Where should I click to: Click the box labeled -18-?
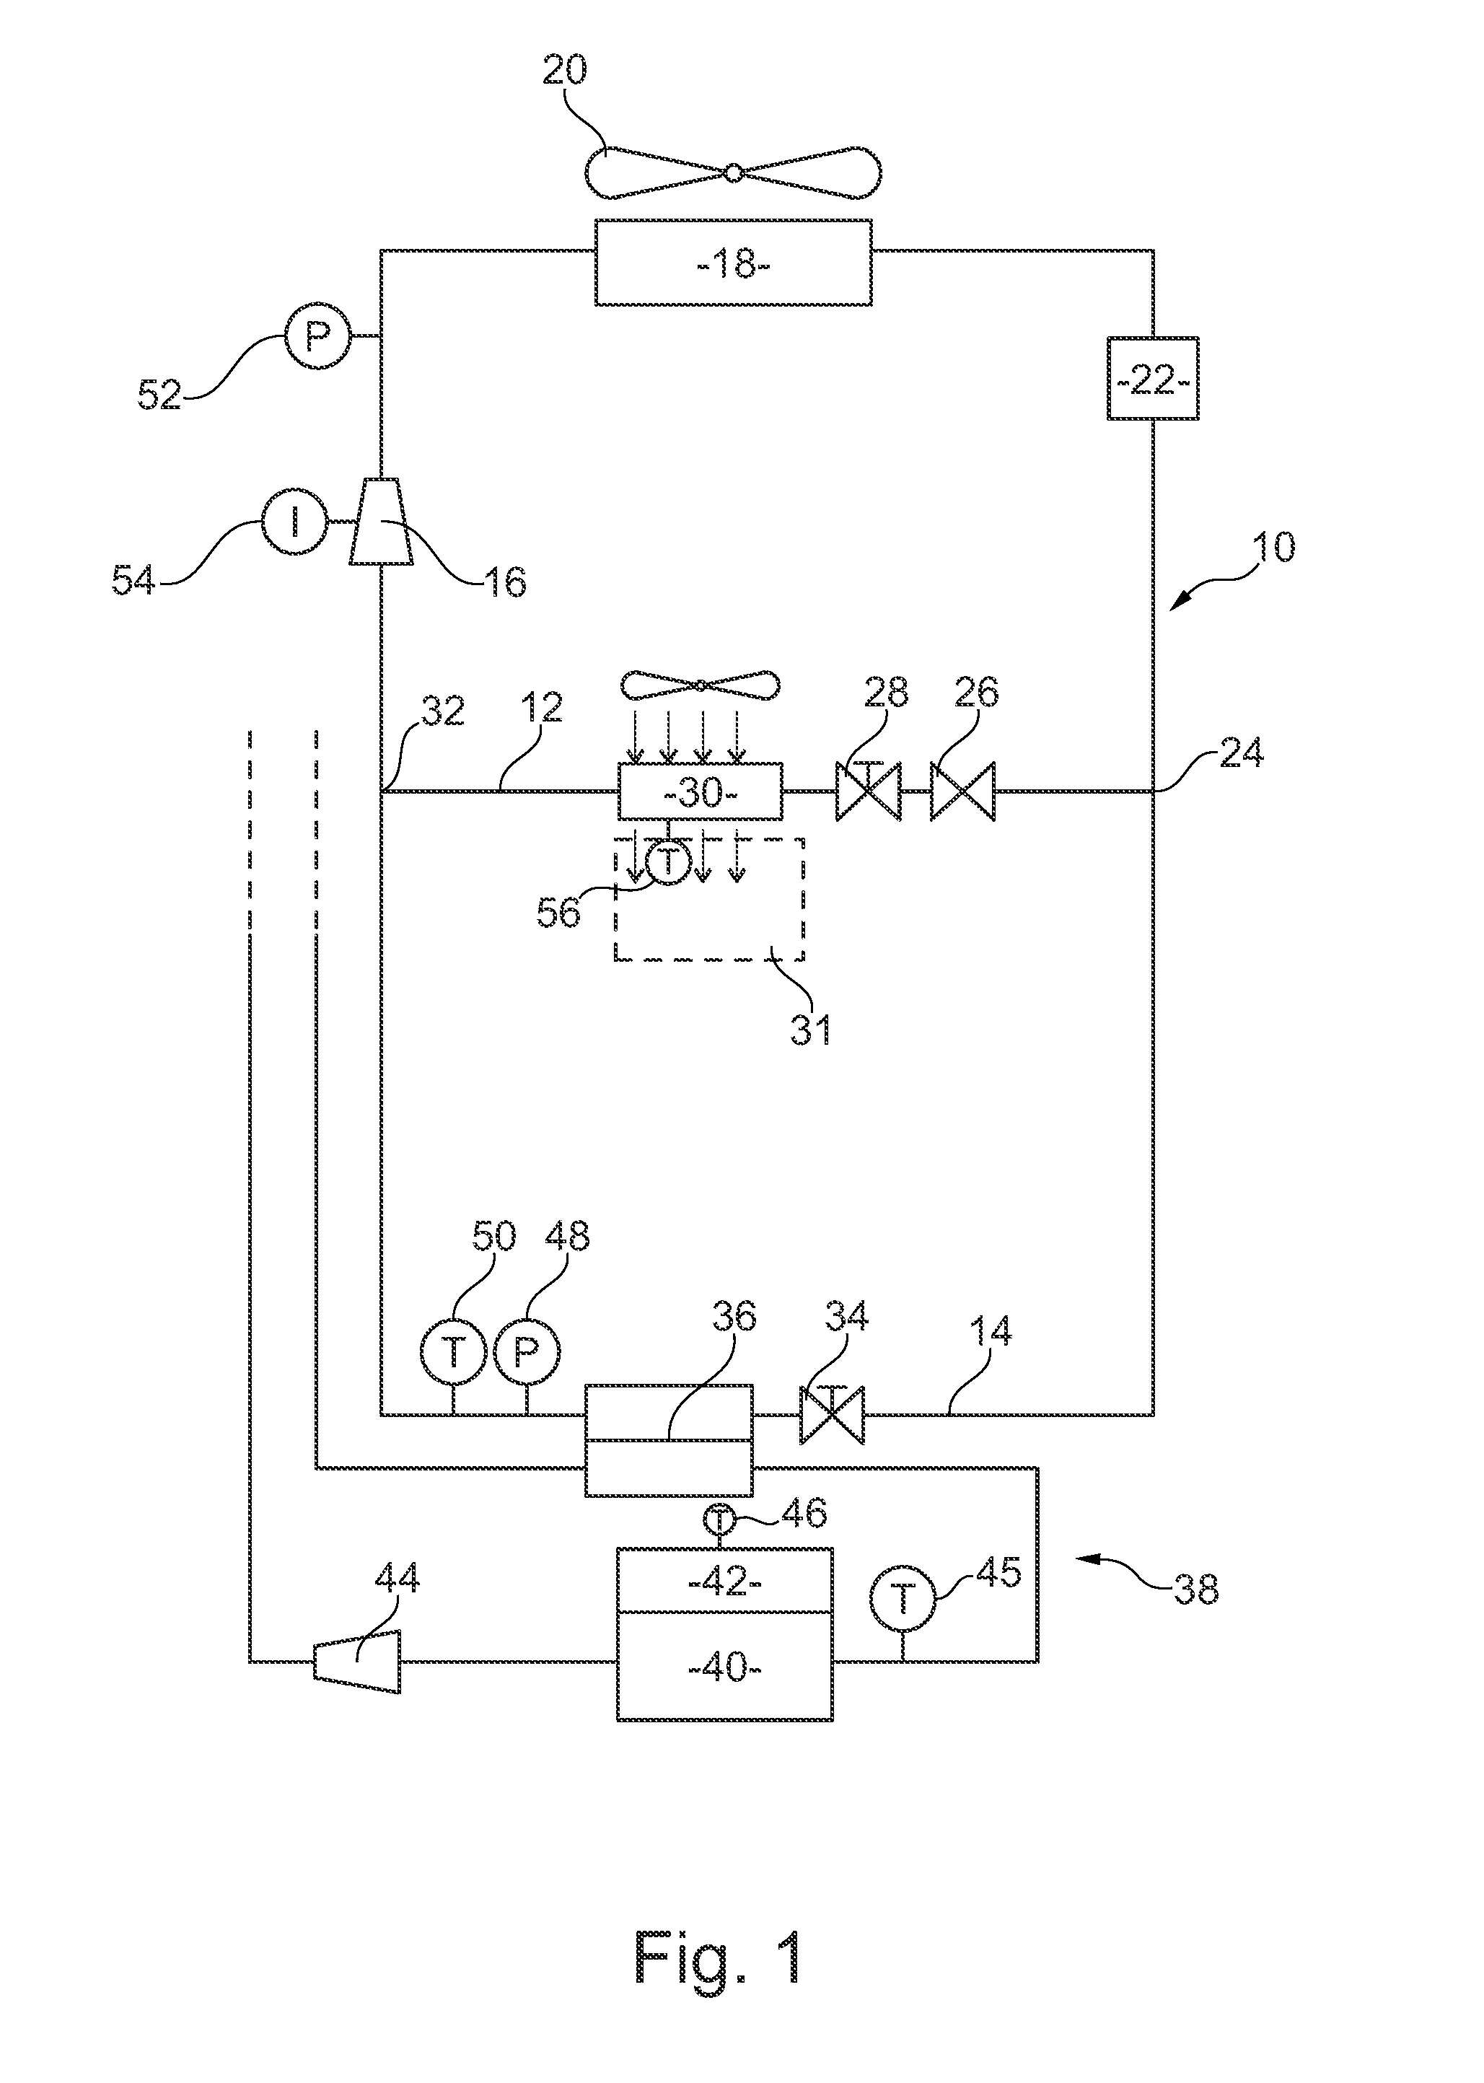pos(733,263)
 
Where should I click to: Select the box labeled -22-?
pos(1152,378)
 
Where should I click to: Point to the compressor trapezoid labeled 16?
pos(380,521)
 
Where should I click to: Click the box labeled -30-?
pos(700,791)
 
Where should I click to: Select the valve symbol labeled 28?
pos(867,791)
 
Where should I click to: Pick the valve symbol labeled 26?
pos(962,791)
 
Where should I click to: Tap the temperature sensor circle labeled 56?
pos(668,862)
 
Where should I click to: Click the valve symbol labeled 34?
pos(832,1414)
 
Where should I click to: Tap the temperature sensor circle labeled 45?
pos(903,1599)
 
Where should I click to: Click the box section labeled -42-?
pos(724,1582)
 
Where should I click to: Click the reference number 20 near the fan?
pos(564,71)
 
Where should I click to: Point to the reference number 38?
pos(1195,1590)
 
